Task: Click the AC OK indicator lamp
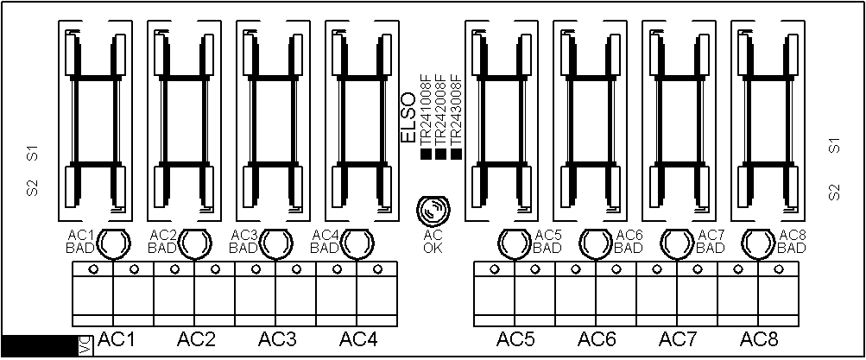(433, 211)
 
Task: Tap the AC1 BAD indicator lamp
(115, 243)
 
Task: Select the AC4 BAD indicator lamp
(357, 243)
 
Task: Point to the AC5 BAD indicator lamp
(515, 243)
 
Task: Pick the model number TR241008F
(425, 113)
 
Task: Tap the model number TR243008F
(456, 113)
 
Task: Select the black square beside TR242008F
(440, 155)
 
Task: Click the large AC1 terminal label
(117, 339)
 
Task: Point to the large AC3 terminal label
(277, 339)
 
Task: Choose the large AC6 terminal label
(597, 339)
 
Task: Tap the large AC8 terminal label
(760, 339)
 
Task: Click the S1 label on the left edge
(33, 154)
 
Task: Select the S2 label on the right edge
(835, 192)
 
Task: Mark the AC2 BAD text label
(163, 242)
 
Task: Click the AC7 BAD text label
(710, 242)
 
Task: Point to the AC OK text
(433, 242)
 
